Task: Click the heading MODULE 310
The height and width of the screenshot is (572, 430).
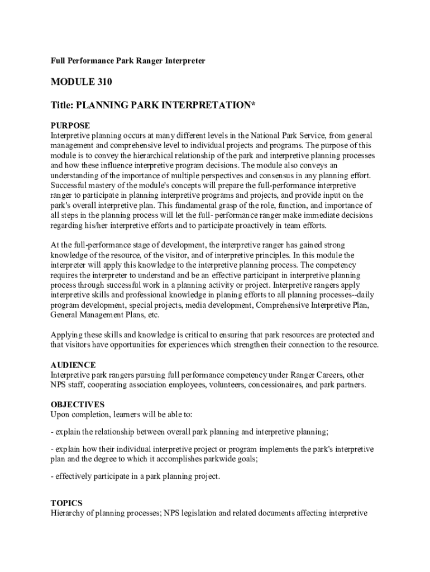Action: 82,82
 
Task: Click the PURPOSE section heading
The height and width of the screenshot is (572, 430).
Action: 70,126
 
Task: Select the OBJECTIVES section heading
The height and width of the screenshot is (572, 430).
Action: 77,404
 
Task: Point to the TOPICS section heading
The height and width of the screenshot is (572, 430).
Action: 66,503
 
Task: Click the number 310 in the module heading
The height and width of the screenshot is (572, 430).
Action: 103,82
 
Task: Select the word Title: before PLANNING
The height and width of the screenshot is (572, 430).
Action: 62,104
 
